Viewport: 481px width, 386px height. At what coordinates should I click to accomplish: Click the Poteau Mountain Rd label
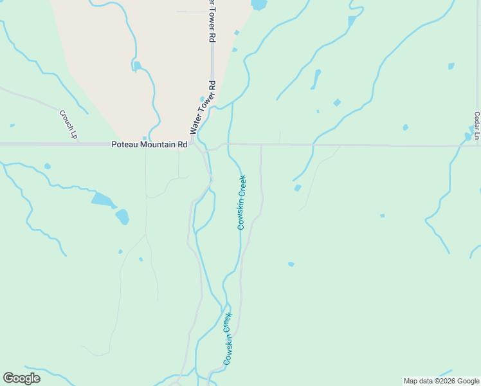click(x=149, y=145)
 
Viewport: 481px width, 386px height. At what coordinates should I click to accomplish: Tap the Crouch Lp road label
click(x=68, y=124)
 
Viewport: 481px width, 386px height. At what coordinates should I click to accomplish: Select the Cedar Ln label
click(x=476, y=125)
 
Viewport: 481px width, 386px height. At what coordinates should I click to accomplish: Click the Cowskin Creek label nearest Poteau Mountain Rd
click(x=242, y=202)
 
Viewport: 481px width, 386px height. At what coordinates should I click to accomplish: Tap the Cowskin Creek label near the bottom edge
click(x=227, y=340)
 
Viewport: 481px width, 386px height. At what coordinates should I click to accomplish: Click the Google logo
click(x=21, y=378)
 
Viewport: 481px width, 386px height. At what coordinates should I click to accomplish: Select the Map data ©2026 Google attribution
click(x=442, y=381)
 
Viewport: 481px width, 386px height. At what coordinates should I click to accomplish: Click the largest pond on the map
click(x=102, y=199)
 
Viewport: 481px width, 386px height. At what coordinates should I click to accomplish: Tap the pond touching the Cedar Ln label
click(x=469, y=136)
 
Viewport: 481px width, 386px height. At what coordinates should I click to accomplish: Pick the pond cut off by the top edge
click(x=259, y=5)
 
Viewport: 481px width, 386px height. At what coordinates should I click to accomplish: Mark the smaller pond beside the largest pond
click(x=122, y=216)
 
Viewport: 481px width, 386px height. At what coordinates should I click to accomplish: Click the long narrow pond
click(x=316, y=79)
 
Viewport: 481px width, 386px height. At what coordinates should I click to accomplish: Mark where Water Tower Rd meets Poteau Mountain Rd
click(x=193, y=143)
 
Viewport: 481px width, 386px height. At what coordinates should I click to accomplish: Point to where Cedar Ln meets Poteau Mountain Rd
click(x=477, y=146)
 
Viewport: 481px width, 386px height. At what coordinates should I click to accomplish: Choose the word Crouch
click(x=66, y=120)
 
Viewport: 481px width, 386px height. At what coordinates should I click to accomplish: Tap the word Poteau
click(x=123, y=145)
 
